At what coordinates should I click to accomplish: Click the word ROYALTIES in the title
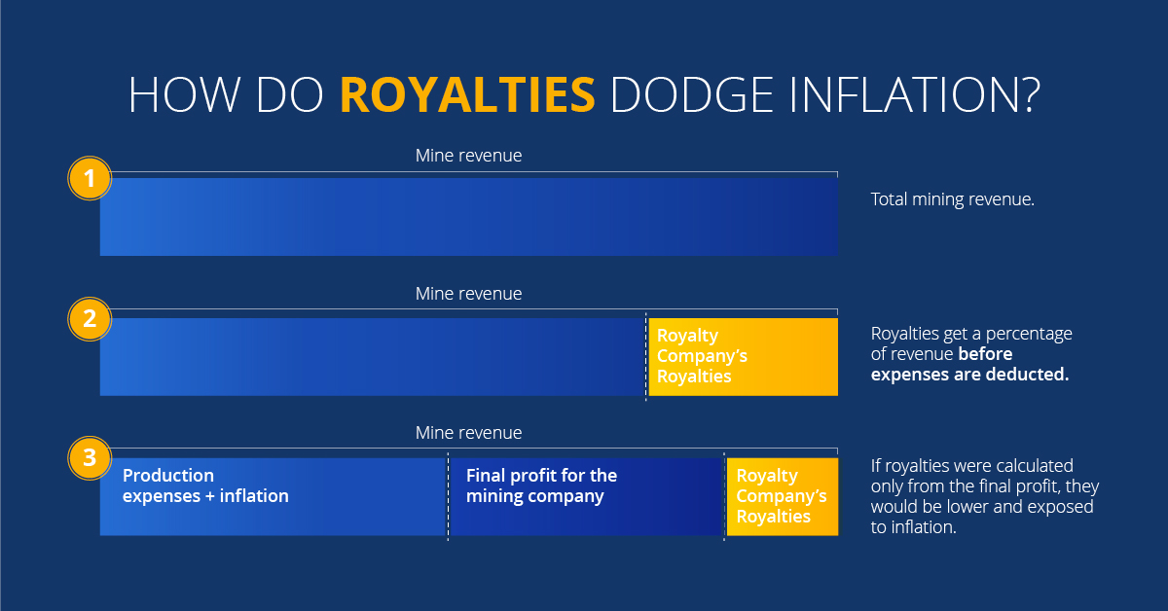click(467, 94)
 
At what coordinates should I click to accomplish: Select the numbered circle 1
click(90, 178)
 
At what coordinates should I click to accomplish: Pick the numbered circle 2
click(90, 318)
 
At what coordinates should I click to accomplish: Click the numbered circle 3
click(90, 457)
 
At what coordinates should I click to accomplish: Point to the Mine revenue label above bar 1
click(468, 156)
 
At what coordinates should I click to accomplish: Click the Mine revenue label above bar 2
click(468, 294)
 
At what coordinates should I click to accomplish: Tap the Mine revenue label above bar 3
click(468, 433)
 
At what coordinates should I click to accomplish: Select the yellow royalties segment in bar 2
click(743, 357)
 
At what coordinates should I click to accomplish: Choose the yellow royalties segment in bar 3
click(783, 497)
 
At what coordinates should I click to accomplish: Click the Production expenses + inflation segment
click(273, 497)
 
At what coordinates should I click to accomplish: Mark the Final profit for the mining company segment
click(586, 497)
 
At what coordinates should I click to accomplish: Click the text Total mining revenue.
click(953, 199)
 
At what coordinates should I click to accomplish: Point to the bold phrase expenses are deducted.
click(969, 375)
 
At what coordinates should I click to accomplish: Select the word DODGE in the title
click(691, 94)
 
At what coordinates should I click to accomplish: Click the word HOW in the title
click(184, 94)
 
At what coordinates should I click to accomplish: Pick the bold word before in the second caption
click(985, 354)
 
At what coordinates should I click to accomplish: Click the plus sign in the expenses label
click(209, 496)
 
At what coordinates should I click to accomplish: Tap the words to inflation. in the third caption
click(914, 527)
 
